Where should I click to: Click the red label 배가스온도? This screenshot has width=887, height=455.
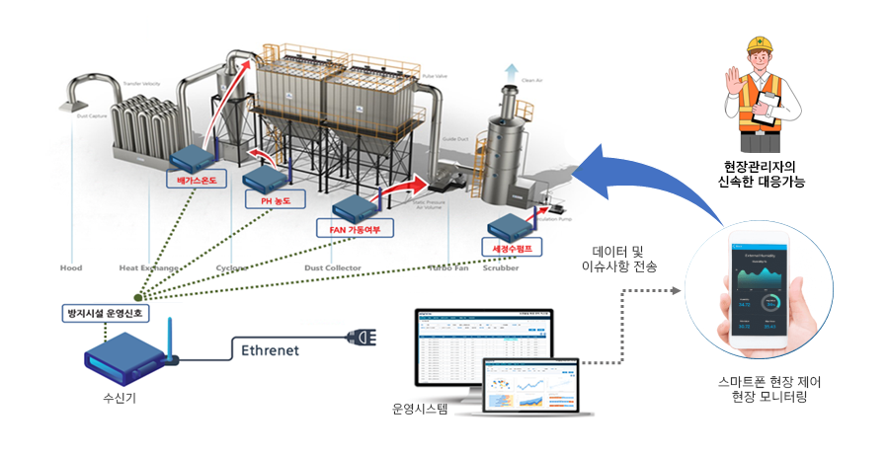196,182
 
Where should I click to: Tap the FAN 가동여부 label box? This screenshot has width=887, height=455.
355,230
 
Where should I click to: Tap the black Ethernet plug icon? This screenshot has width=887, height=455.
359,341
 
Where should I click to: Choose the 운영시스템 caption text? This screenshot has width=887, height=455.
420,407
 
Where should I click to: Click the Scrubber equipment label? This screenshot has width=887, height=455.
500,267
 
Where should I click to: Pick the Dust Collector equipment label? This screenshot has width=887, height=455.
333,267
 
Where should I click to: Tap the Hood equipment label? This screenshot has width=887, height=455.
71,267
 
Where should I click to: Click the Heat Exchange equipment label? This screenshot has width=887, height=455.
148,267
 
